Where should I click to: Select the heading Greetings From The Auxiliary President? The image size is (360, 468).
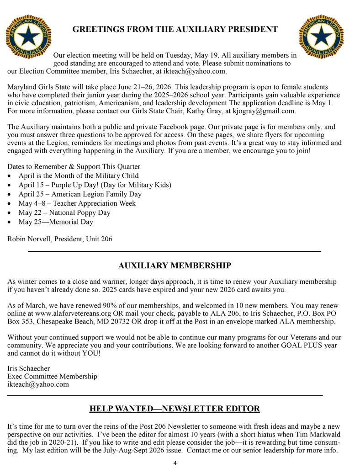(175, 30)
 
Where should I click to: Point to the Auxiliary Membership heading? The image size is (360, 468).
(175, 266)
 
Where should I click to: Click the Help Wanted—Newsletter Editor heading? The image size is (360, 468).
(175, 409)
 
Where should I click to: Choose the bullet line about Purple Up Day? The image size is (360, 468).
(95, 185)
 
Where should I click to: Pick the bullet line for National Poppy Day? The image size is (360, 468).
(64, 213)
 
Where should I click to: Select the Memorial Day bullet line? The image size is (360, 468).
(55, 222)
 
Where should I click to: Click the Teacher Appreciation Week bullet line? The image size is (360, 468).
(77, 203)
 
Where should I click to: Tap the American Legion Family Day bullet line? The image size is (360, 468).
(80, 194)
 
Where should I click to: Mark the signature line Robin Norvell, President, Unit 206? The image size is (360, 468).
(60, 239)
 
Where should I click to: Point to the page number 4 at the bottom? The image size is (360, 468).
(175, 463)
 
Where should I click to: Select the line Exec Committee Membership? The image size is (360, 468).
(53, 376)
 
